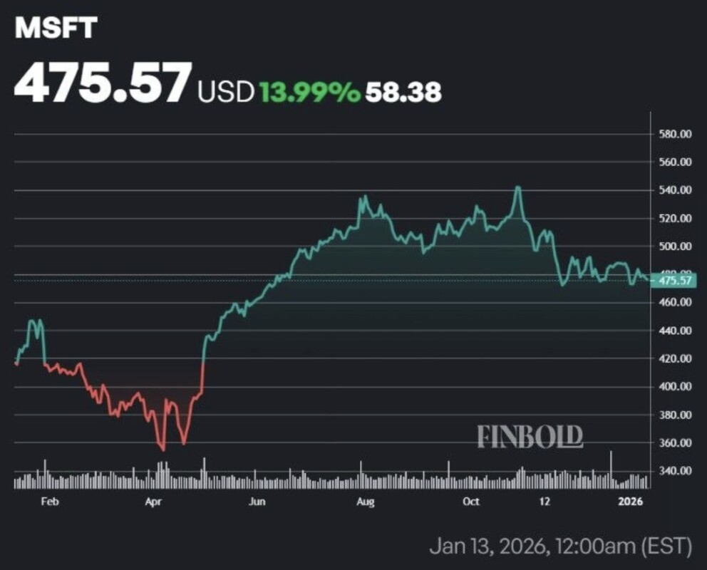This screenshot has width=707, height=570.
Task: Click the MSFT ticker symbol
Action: click(56, 28)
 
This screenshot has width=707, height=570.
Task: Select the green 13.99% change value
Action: click(309, 91)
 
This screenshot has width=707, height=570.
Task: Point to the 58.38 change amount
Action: click(403, 91)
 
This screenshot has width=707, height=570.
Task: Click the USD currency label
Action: click(226, 91)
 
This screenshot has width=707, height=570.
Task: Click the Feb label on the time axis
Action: click(49, 502)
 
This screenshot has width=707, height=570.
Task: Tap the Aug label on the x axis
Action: click(365, 502)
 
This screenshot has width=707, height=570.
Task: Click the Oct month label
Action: click(470, 502)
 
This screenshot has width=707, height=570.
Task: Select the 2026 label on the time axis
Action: click(631, 502)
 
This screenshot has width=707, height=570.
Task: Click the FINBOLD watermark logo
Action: click(530, 436)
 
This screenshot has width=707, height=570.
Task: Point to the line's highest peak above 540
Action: click(518, 187)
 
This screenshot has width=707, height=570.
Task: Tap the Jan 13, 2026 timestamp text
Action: click(560, 546)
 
